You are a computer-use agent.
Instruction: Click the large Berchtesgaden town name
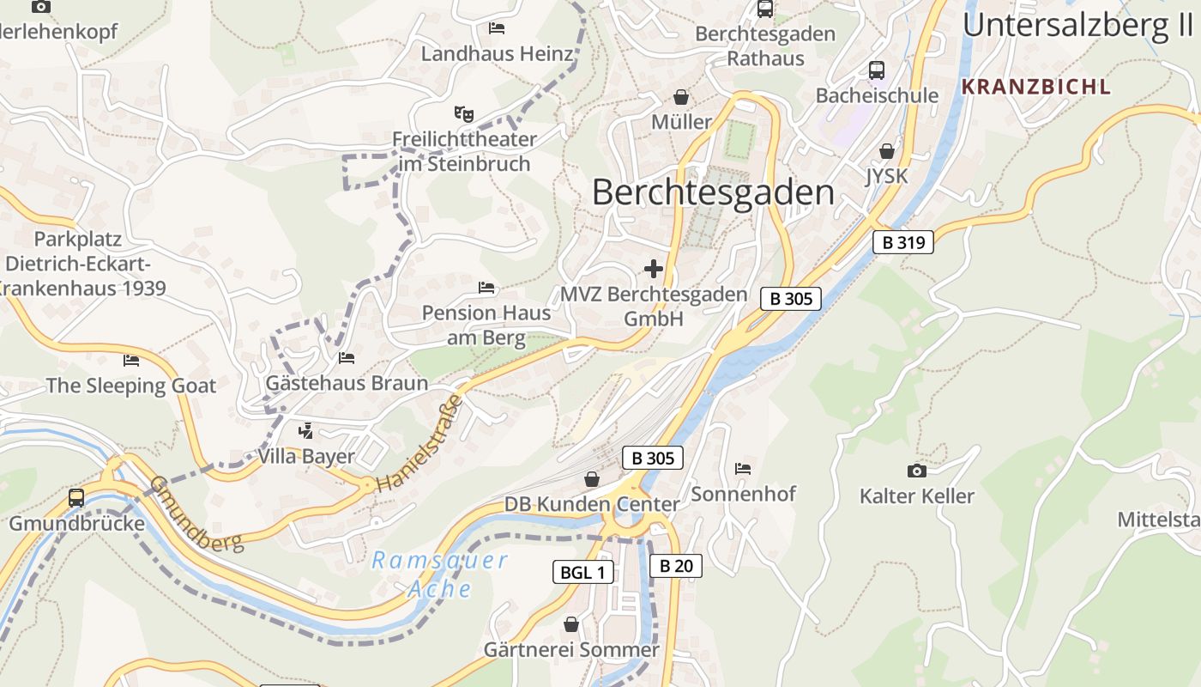(712, 192)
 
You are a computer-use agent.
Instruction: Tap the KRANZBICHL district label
(1035, 87)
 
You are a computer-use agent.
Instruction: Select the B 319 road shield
(903, 242)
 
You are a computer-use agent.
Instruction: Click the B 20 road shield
(676, 566)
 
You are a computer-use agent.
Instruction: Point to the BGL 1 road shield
(582, 572)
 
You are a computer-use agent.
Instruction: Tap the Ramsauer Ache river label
(439, 575)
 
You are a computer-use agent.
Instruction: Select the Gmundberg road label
(196, 513)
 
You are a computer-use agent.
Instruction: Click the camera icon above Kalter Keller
(916, 471)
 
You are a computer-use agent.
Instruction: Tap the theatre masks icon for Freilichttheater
(463, 113)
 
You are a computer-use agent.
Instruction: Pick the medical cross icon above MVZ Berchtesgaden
(654, 269)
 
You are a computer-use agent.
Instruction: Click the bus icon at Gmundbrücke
(76, 497)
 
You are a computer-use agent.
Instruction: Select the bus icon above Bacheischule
(876, 70)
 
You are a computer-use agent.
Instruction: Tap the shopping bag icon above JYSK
(886, 151)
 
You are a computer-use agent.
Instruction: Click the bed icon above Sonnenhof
(743, 469)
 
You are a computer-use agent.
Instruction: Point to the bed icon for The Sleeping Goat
(130, 360)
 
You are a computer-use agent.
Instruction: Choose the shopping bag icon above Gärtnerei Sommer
(571, 624)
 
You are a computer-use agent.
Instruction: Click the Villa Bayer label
(306, 456)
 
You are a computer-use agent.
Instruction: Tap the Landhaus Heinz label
(497, 54)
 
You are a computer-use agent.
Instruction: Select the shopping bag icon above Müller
(681, 96)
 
